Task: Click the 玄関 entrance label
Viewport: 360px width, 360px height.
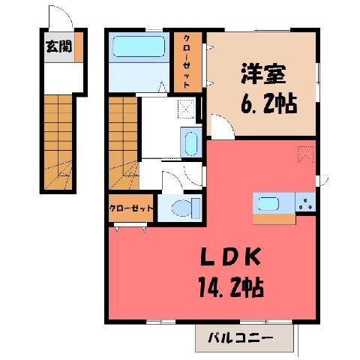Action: pos(59,46)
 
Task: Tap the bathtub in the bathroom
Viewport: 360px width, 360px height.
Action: pos(139,46)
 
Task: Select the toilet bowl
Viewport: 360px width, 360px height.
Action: pos(185,208)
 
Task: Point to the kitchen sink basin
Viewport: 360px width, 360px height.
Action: pos(268,204)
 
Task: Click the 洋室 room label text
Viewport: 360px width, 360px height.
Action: pos(263,74)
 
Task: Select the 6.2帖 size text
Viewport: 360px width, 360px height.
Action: pos(268,103)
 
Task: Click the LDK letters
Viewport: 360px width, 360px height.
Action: pos(230,256)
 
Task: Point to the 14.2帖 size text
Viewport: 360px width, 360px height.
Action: pos(231,287)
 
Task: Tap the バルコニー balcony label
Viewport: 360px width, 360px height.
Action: pos(241,338)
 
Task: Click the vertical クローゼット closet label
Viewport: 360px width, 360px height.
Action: pos(187,61)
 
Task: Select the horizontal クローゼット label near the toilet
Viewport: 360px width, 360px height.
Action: pos(131,208)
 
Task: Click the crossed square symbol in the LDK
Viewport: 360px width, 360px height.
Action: pos(305,154)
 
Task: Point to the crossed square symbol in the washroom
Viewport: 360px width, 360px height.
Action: pos(186,109)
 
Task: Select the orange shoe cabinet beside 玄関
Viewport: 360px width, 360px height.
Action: pos(79,47)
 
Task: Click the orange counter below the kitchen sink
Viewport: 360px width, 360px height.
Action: pos(274,219)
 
